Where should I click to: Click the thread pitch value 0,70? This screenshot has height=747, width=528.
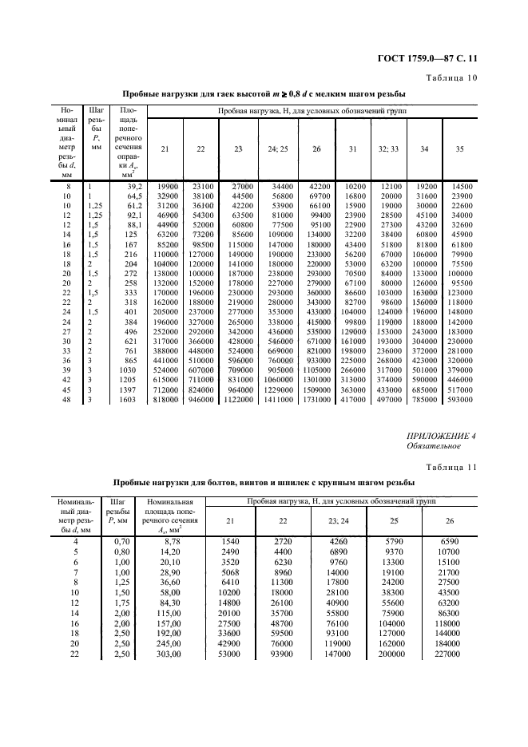[x=115, y=541]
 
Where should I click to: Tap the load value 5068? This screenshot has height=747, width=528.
[x=229, y=572]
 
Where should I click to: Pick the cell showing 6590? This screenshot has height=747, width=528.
[x=447, y=541]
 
